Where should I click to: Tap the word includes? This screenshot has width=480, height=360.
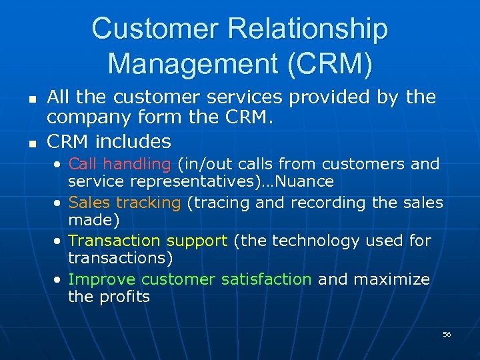134,141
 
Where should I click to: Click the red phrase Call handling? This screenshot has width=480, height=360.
120,163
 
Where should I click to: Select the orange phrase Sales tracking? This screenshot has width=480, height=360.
125,202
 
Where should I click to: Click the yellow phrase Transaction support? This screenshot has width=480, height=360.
148,240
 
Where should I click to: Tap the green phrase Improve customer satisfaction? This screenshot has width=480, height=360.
190,279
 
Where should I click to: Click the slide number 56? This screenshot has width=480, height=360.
447,334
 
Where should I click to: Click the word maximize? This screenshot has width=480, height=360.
392,279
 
